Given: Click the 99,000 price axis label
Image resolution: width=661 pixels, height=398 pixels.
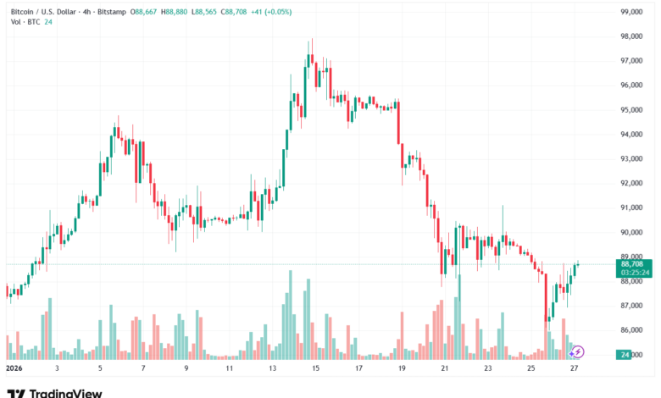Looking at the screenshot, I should pos(632,12).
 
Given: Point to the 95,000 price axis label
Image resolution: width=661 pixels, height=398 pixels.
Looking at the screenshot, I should pos(632,110).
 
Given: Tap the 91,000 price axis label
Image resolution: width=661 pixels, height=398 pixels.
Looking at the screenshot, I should pos(632,207).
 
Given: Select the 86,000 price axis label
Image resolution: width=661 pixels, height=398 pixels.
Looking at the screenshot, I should pos(632,330).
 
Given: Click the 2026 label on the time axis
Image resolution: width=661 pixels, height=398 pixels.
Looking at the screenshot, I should pos(14,369).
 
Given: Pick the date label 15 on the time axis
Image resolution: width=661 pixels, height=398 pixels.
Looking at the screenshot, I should pos(314,369).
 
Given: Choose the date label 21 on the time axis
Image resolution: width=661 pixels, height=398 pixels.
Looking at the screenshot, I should pos(444,369).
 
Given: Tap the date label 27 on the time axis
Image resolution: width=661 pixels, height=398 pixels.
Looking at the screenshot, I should pos(575,369).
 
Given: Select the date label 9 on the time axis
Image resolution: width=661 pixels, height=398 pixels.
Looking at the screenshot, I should pos(186,369).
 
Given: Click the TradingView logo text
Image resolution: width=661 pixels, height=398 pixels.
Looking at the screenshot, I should pos(65,393).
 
